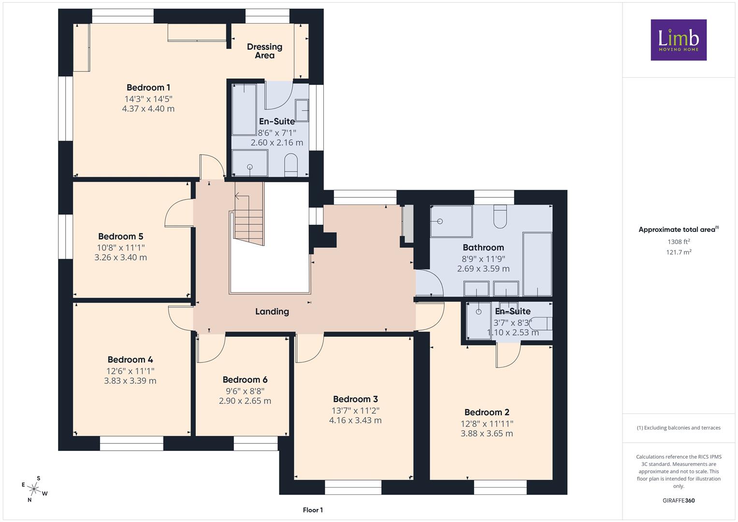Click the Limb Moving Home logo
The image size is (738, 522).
679,40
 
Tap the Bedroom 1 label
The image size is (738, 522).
148,87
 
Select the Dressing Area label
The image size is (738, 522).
264,51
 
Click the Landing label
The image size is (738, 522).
272,311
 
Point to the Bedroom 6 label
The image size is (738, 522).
245,379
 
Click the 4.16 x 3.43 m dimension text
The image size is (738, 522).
356,420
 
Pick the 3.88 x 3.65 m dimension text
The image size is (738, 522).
487,434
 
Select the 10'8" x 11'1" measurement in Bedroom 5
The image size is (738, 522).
121,247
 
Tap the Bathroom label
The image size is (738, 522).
483,247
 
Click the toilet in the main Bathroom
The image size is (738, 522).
500,216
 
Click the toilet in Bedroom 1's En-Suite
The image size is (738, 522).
291,164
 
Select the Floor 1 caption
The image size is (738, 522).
313,510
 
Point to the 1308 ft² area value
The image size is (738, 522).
679,242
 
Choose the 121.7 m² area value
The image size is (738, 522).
679,252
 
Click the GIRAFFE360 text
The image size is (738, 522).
679,501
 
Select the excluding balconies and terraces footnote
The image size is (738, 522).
679,428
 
